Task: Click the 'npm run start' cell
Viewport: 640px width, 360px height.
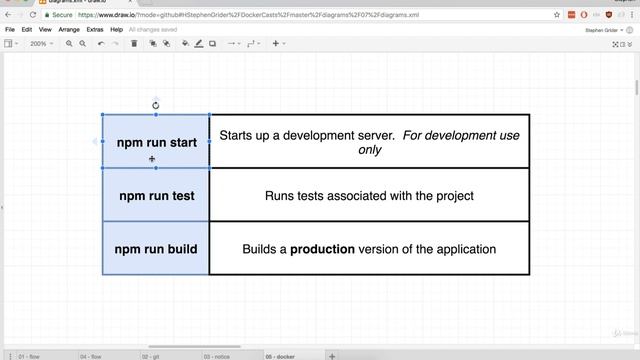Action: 156,142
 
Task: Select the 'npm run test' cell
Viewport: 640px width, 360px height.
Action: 156,196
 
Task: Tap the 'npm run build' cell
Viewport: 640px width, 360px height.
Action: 156,249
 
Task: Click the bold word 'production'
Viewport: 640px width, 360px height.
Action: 322,249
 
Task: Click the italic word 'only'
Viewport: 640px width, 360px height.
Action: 369,150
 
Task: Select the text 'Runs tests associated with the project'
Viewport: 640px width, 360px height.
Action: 369,196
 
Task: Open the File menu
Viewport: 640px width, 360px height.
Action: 10,30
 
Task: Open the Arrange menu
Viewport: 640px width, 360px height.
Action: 69,30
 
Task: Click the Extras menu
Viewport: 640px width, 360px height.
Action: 95,30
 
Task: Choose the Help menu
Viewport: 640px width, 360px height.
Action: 117,30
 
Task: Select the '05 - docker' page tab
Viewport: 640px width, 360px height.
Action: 282,355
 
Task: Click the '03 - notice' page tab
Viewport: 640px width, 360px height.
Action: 219,355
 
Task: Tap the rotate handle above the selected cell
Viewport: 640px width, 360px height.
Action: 156,105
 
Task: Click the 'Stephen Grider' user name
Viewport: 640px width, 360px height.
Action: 601,30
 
